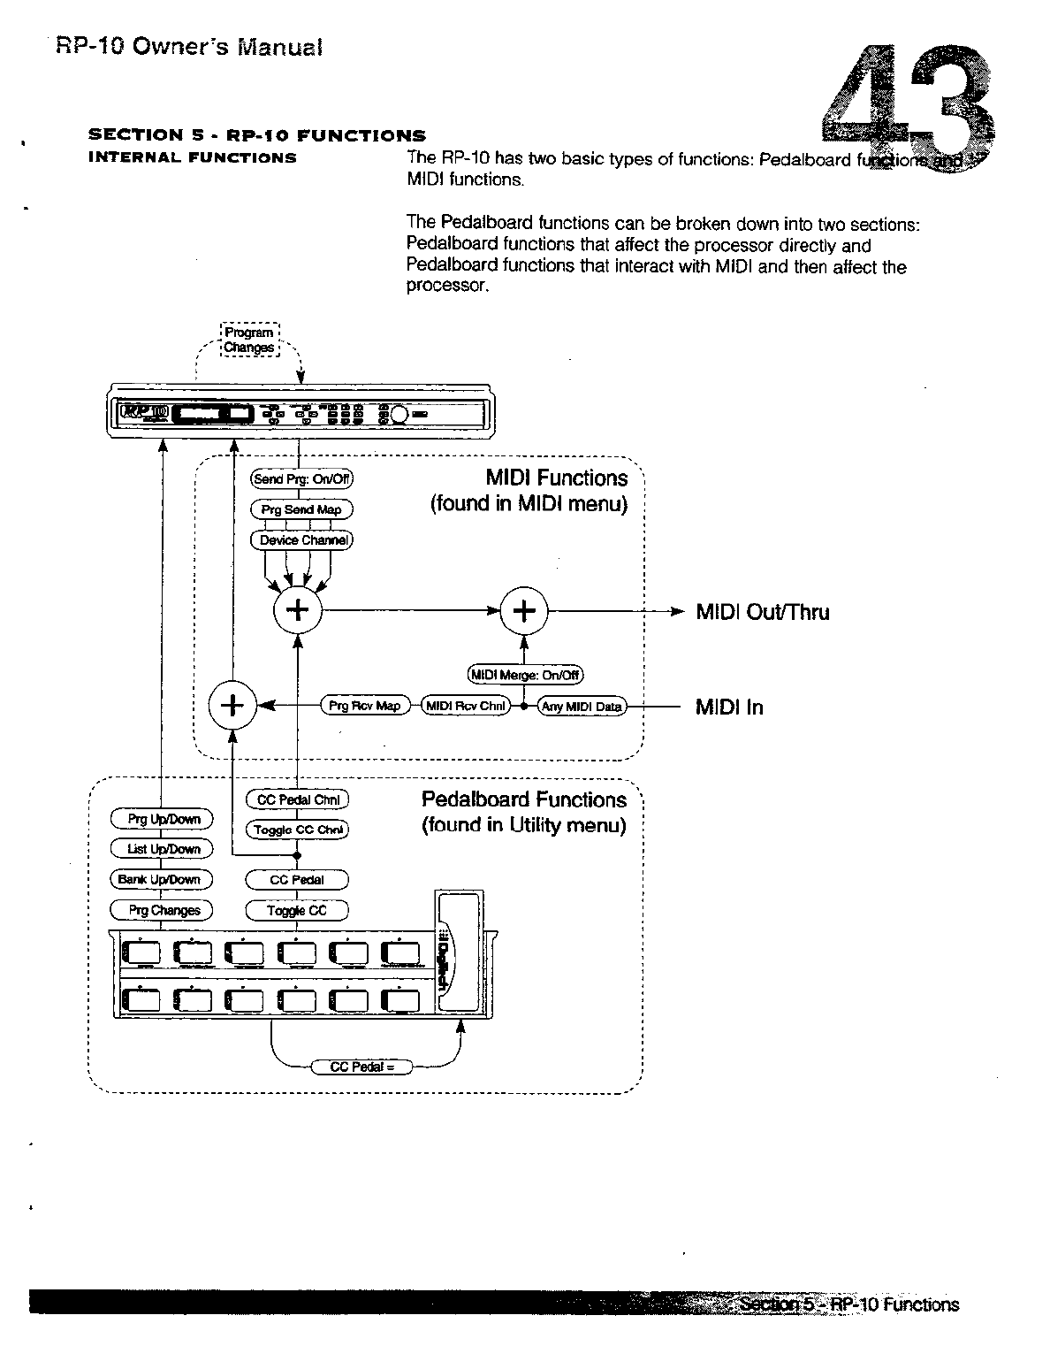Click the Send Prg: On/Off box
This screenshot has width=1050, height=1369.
(x=302, y=479)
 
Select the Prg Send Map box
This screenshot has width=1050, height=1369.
(x=301, y=510)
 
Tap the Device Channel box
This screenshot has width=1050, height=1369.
(x=302, y=540)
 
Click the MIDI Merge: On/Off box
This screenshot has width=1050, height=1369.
(x=525, y=676)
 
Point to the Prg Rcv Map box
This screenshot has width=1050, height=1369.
(x=364, y=706)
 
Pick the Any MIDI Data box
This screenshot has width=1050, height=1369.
(x=582, y=707)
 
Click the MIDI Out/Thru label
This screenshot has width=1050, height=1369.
(x=762, y=612)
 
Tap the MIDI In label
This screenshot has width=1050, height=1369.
(x=729, y=707)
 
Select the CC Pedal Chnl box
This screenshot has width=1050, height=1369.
(x=297, y=799)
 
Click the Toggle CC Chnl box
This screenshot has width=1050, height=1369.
(x=297, y=830)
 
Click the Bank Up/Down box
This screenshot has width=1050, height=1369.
(x=160, y=879)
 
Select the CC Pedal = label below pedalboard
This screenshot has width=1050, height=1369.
(x=362, y=1067)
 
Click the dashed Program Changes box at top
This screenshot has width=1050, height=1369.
(x=249, y=340)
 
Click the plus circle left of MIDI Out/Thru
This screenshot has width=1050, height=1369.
(x=525, y=611)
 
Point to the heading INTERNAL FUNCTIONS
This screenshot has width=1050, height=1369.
(x=192, y=158)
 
